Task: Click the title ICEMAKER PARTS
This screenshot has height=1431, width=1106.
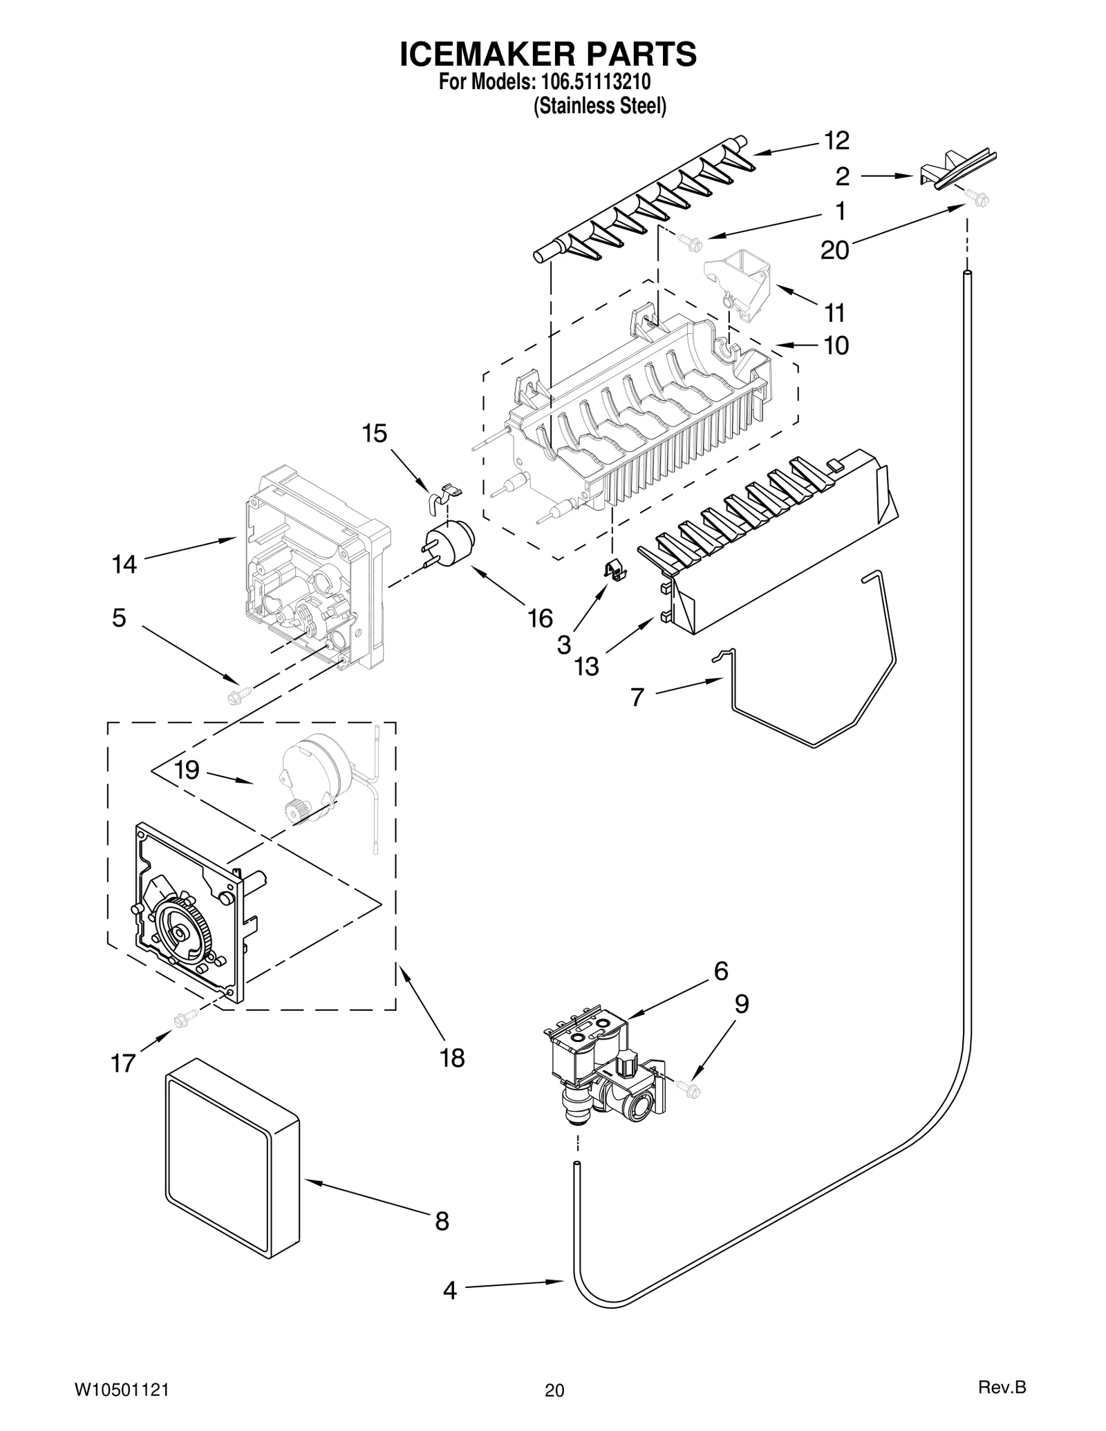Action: pyautogui.click(x=547, y=55)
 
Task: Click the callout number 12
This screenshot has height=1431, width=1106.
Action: pyautogui.click(x=836, y=140)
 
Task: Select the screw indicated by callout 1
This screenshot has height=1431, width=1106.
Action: pyautogui.click(x=691, y=241)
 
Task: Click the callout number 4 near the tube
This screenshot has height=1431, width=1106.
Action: pyautogui.click(x=450, y=1289)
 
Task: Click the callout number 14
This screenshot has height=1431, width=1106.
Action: pyautogui.click(x=124, y=565)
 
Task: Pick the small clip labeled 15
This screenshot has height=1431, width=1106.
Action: pyautogui.click(x=444, y=495)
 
